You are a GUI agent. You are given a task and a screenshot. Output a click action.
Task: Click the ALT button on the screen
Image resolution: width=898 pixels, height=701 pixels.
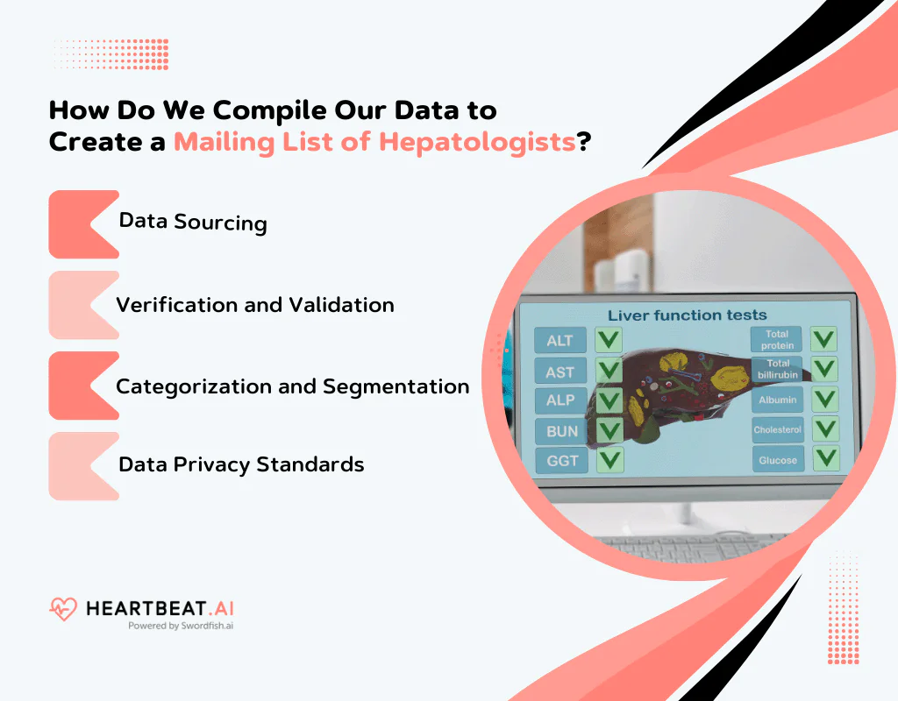pyautogui.click(x=559, y=341)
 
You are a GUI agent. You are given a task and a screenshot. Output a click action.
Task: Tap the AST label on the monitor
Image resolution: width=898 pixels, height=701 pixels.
pyautogui.click(x=559, y=372)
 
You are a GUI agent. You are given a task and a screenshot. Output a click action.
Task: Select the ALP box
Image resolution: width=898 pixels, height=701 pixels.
pyautogui.click(x=559, y=400)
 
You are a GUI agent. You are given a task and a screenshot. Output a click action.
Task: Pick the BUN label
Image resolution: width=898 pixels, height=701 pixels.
pyautogui.click(x=561, y=431)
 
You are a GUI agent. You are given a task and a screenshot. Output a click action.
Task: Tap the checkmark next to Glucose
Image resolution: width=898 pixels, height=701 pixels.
pyautogui.click(x=824, y=458)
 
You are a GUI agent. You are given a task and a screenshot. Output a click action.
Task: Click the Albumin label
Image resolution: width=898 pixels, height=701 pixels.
pyautogui.click(x=777, y=400)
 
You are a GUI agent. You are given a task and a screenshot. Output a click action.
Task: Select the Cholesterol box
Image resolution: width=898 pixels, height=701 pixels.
pyautogui.click(x=777, y=429)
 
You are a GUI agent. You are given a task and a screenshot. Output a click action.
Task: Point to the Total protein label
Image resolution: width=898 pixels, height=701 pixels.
pyautogui.click(x=777, y=340)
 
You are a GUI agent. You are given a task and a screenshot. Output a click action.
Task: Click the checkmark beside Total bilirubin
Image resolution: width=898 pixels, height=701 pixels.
pyautogui.click(x=823, y=369)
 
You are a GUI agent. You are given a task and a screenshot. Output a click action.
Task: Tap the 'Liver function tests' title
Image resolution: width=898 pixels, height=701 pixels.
pyautogui.click(x=687, y=315)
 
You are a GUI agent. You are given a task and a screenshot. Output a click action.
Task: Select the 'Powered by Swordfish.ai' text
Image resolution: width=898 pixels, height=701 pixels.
pyautogui.click(x=181, y=626)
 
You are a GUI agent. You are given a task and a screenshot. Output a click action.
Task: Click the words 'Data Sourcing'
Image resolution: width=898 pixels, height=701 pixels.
pyautogui.click(x=193, y=222)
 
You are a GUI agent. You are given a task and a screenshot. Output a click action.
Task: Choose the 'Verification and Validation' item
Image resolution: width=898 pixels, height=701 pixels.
pyautogui.click(x=255, y=305)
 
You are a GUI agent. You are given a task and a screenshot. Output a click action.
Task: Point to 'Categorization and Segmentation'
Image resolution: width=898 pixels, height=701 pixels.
pyautogui.click(x=293, y=386)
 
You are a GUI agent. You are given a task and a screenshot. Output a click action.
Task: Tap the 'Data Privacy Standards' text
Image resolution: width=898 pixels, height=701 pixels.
pyautogui.click(x=241, y=464)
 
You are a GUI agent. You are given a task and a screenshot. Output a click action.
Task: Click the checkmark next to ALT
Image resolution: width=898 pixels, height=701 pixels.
pyautogui.click(x=609, y=340)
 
